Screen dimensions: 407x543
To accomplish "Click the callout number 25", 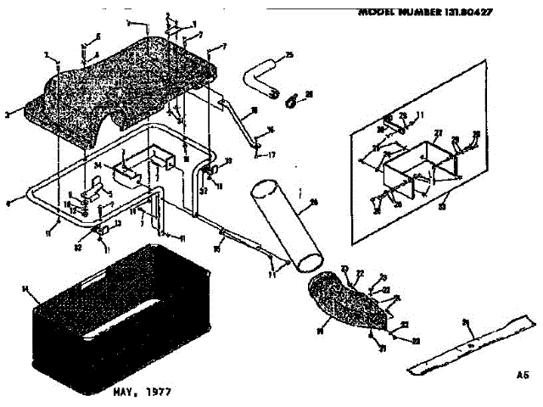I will point(289,55).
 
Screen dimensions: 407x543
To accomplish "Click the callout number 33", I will point(228,160).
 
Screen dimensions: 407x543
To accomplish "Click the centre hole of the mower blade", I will point(469,344).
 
